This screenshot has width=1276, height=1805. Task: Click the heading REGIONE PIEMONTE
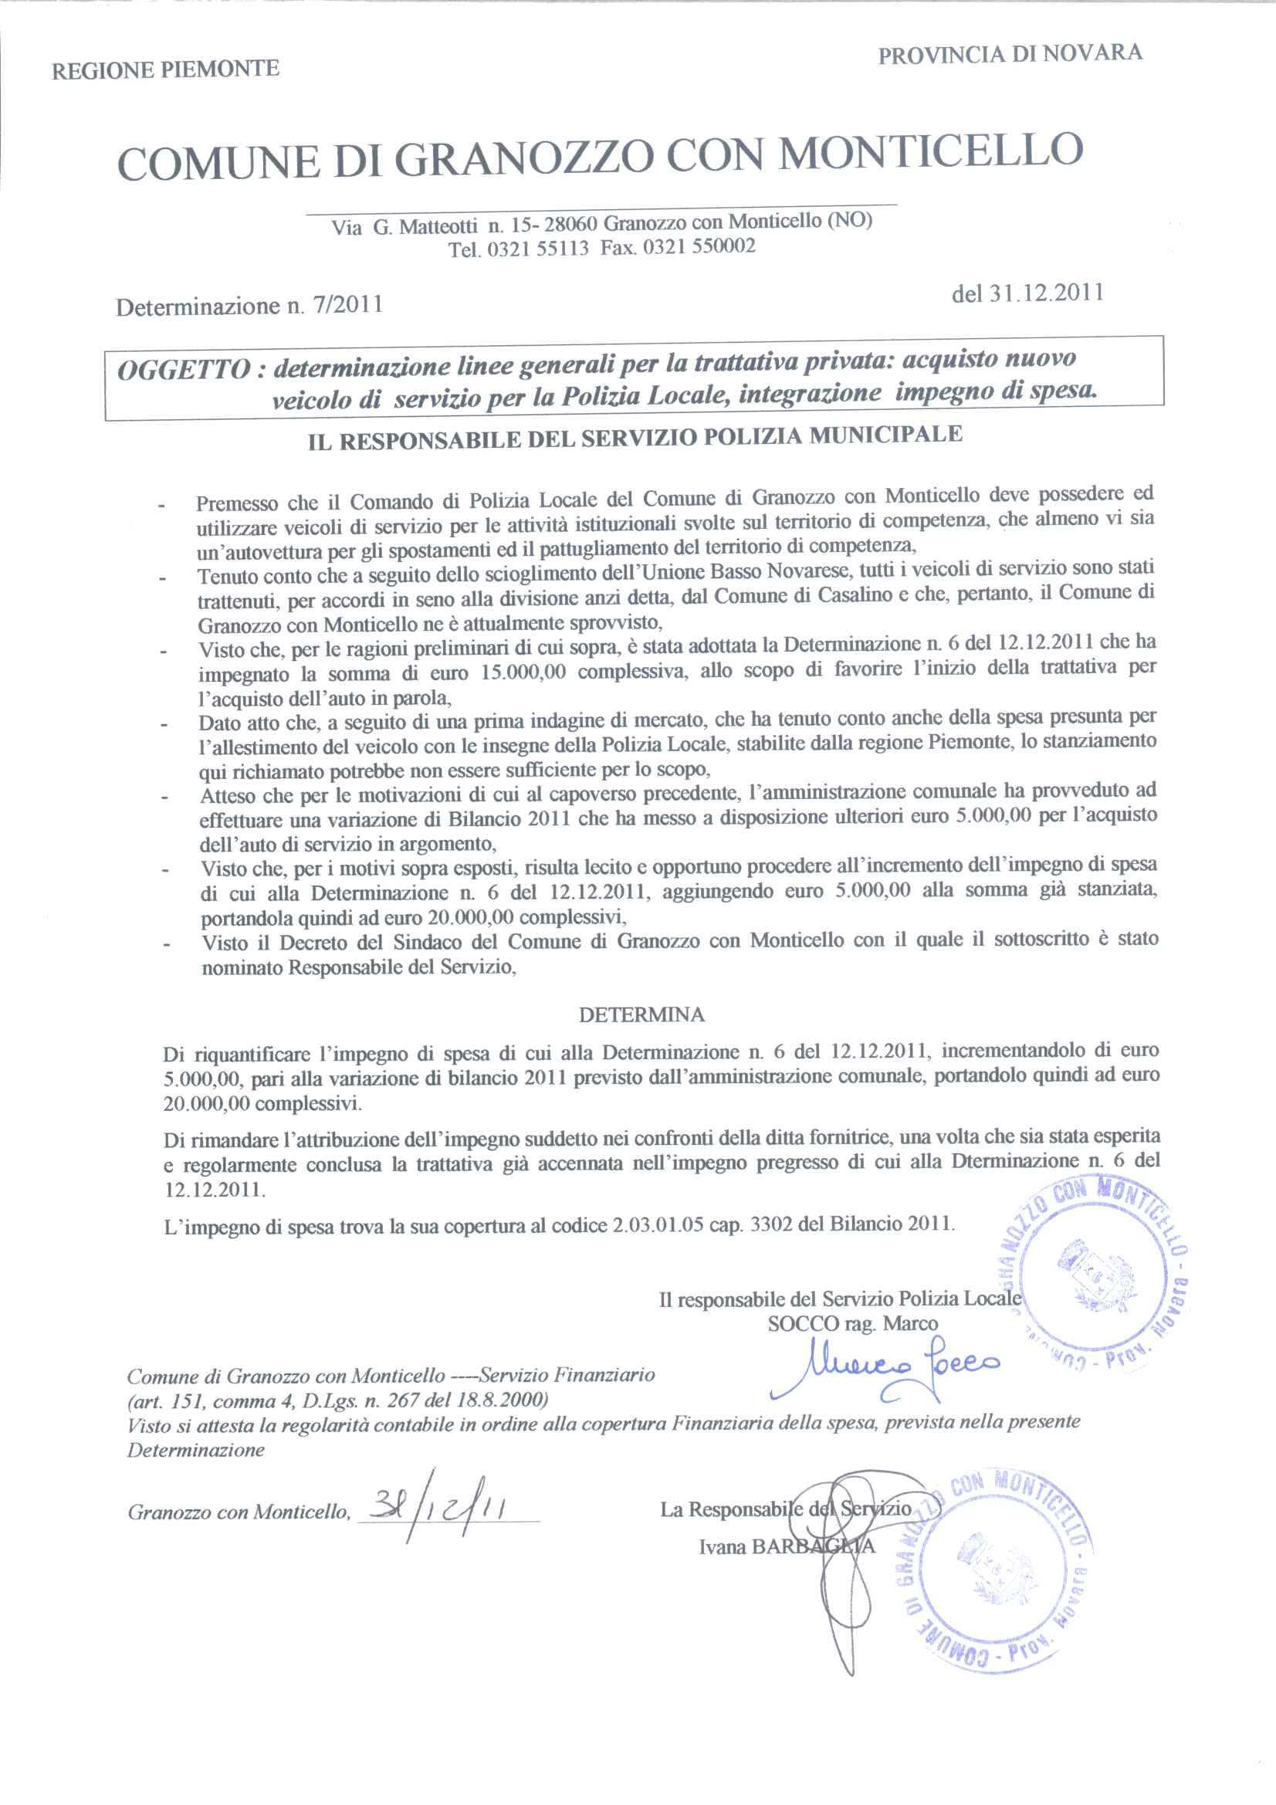click(x=165, y=70)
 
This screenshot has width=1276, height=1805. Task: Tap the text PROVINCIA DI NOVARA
click(x=1010, y=54)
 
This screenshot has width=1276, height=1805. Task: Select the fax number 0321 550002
click(x=699, y=247)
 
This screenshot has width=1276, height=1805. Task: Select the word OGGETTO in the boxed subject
click(x=182, y=371)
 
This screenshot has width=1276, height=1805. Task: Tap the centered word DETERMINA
click(x=641, y=1015)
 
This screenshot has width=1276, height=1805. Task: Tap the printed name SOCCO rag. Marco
click(x=852, y=1323)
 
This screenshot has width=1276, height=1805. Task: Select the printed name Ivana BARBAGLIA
click(x=786, y=1546)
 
